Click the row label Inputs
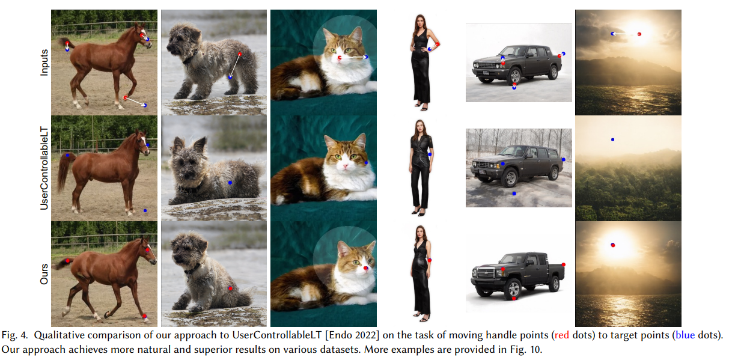(x=44, y=63)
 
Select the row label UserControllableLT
(x=44, y=168)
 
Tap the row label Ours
(x=44, y=274)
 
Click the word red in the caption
(x=561, y=335)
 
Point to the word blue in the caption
(x=685, y=335)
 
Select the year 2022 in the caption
(x=368, y=335)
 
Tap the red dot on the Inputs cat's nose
(x=340, y=58)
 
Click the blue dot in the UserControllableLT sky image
(x=613, y=139)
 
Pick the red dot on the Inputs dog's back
(x=240, y=54)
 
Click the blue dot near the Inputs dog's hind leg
(x=230, y=77)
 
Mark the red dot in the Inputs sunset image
(x=639, y=34)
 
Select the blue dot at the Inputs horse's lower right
(x=145, y=105)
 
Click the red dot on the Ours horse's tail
(x=68, y=261)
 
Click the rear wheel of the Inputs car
(x=553, y=72)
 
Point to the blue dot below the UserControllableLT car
(x=514, y=194)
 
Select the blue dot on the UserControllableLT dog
(x=230, y=183)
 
